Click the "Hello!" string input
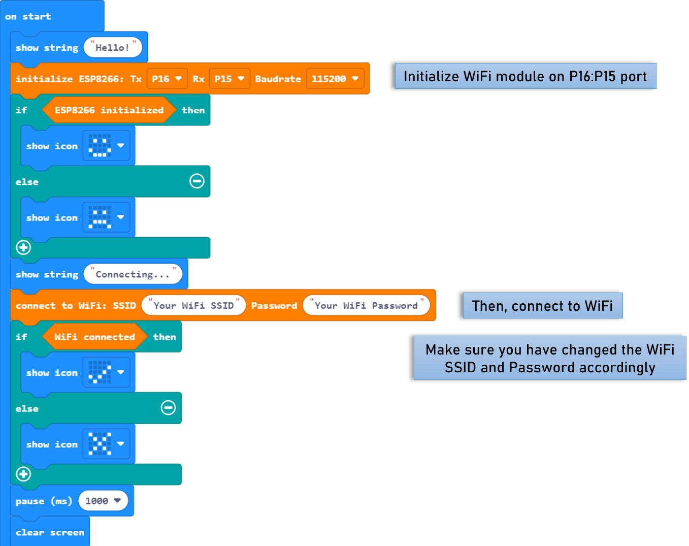pos(112,48)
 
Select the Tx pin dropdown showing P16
pos(167,79)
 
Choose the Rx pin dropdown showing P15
pos(229,79)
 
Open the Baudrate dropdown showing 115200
pos(335,79)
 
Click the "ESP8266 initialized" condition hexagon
pos(109,110)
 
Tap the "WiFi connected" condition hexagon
pos(94,337)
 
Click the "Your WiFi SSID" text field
pos(193,306)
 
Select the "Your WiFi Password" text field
pos(366,306)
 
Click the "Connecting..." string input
pos(133,274)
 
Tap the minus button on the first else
pos(197,181)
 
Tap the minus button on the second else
pos(169,407)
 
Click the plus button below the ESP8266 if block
pos(23,247)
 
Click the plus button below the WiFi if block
pos(23,474)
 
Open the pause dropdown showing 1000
pos(103,501)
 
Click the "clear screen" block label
pos(50,532)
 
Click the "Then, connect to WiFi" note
pos(542,306)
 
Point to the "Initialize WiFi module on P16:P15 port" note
pos(525,76)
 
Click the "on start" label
pos(28,16)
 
